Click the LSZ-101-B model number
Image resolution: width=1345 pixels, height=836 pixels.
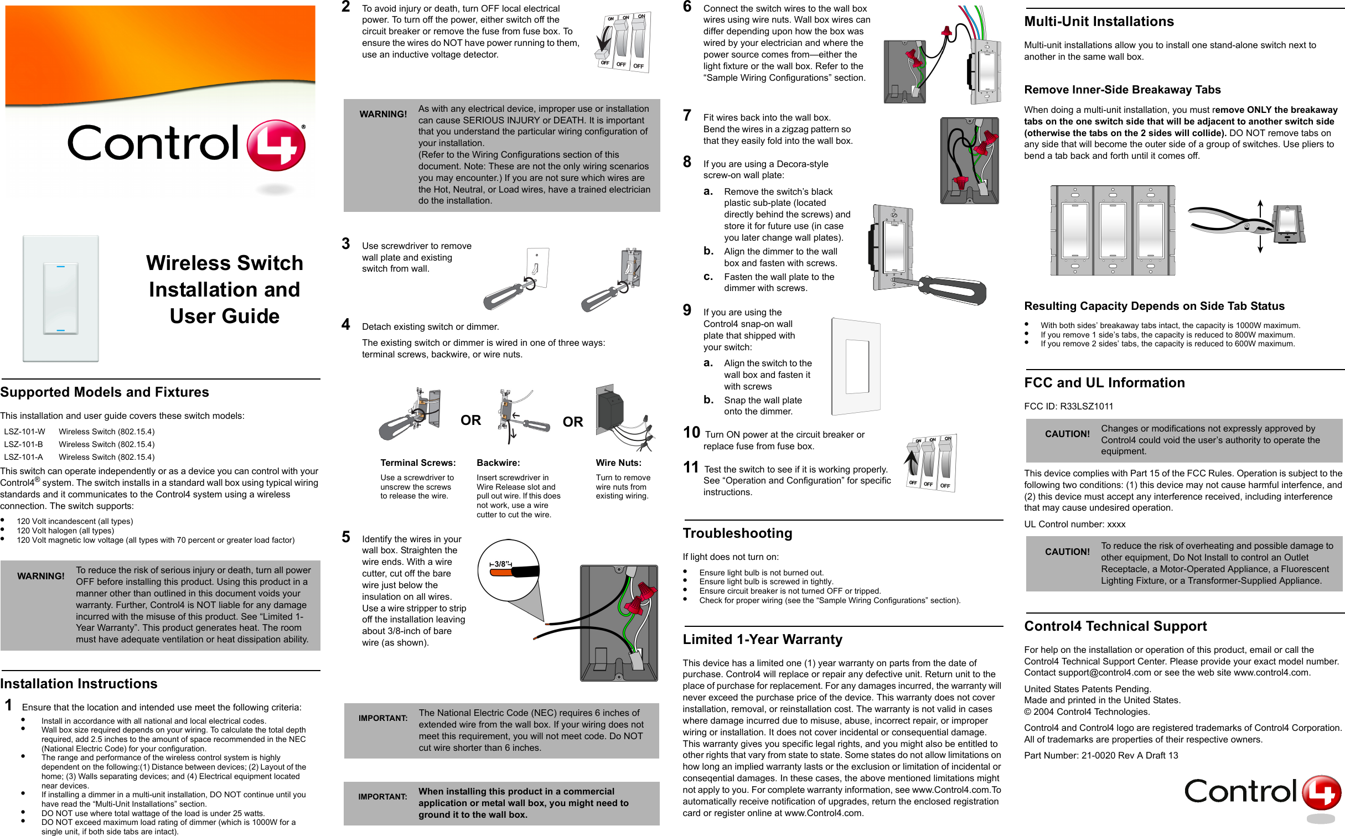[x=23, y=444]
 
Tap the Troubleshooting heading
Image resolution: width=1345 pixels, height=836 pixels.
[x=737, y=533]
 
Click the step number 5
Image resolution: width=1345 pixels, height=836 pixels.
[x=346, y=537]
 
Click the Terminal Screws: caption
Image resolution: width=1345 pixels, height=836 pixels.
[x=418, y=463]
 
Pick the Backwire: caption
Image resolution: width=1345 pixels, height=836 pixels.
[x=498, y=463]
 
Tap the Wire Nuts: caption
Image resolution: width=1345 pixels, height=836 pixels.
[x=618, y=463]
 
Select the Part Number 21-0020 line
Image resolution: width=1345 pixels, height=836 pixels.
[x=1101, y=755]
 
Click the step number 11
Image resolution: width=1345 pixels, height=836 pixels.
[x=691, y=468]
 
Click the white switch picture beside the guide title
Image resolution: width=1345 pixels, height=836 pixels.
[x=61, y=299]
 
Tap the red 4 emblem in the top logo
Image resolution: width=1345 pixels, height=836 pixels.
[x=276, y=145]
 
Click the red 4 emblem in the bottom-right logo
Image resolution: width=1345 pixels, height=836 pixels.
[x=1321, y=792]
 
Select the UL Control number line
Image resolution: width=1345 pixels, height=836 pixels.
[x=1074, y=524]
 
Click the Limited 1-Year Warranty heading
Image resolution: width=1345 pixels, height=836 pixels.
[x=762, y=640]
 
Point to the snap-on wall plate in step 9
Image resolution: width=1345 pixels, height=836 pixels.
[x=856, y=366]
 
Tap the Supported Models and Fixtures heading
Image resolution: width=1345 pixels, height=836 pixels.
[x=105, y=392]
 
